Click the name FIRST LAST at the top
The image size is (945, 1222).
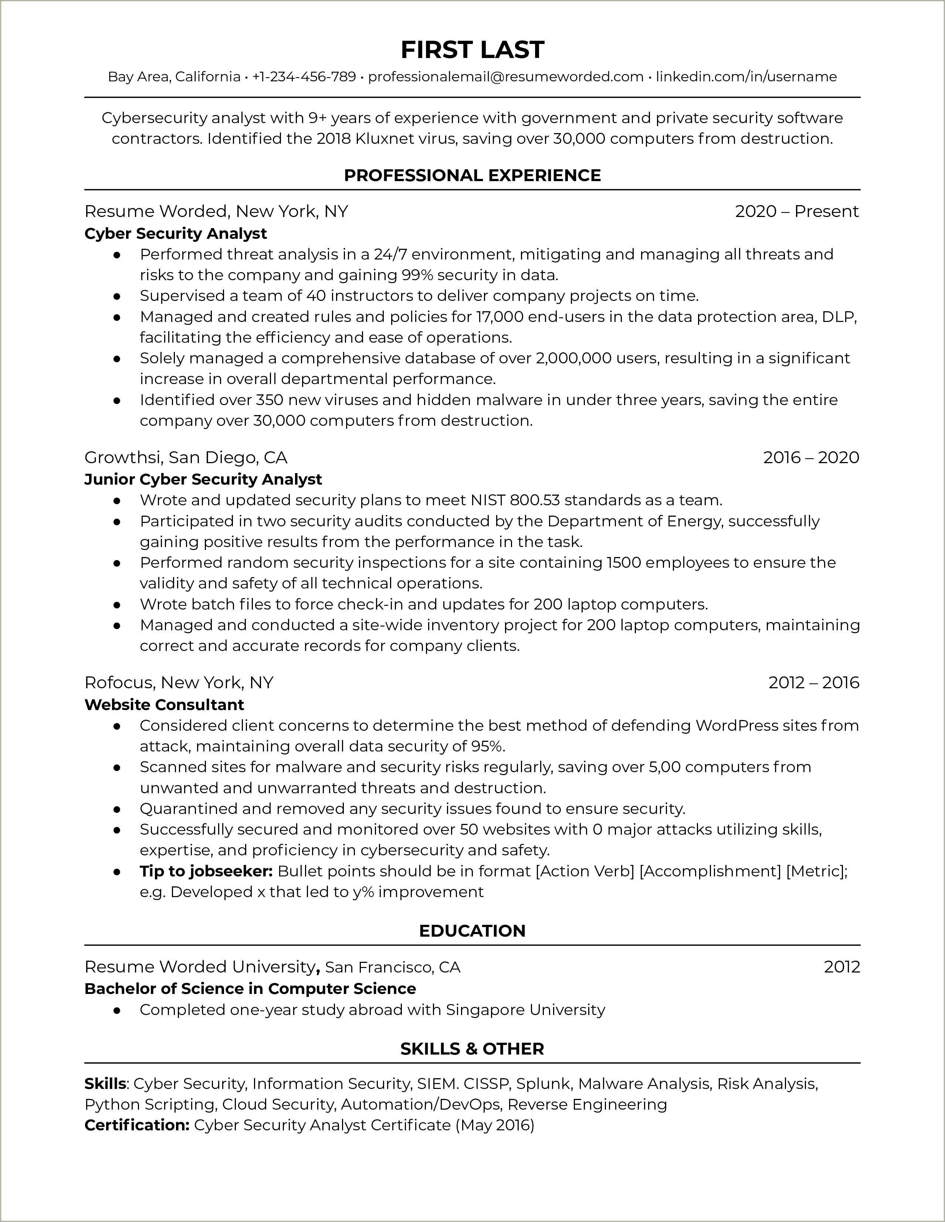click(x=472, y=50)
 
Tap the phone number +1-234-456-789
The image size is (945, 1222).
click(x=304, y=77)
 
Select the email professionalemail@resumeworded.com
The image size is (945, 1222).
click(x=506, y=77)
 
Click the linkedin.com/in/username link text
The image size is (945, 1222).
click(x=746, y=77)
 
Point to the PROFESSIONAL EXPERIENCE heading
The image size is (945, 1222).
click(x=472, y=175)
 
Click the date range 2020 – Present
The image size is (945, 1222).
click(x=797, y=211)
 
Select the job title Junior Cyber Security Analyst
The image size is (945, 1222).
click(x=203, y=479)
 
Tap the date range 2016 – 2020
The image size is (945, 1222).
click(x=811, y=458)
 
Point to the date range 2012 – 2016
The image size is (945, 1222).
click(x=813, y=683)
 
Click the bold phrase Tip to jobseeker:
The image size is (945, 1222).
click(x=206, y=871)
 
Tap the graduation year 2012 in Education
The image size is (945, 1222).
click(x=841, y=967)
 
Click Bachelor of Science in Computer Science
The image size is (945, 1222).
click(x=250, y=989)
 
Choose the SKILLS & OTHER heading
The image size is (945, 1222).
click(x=472, y=1049)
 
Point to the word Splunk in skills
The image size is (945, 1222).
click(x=543, y=1084)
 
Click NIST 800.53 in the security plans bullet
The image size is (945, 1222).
click(x=510, y=500)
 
